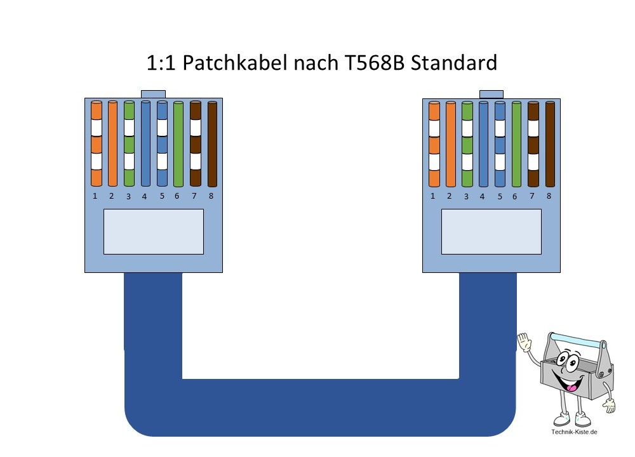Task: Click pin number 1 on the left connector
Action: [x=95, y=196]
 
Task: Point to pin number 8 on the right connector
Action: [x=549, y=196]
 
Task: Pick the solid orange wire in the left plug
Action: [x=113, y=143]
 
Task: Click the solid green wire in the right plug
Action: [x=516, y=143]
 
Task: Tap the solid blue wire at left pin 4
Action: [x=145, y=143]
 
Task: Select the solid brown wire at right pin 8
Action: [x=549, y=143]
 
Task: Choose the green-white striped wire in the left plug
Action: [x=129, y=143]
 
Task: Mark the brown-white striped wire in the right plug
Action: [x=533, y=143]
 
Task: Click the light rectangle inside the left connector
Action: [x=153, y=232]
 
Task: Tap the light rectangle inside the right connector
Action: [x=491, y=232]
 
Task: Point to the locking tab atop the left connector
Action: [x=153, y=93]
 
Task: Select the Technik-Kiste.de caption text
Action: [x=575, y=432]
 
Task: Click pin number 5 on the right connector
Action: [x=500, y=196]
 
